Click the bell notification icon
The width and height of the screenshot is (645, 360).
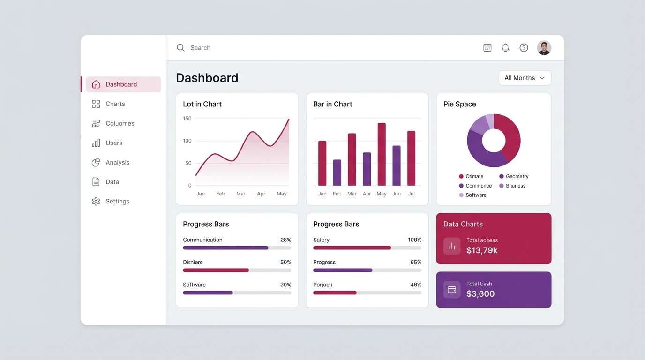pyautogui.click(x=505, y=48)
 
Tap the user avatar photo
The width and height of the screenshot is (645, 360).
pyautogui.click(x=544, y=48)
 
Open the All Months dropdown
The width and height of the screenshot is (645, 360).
pyautogui.click(x=525, y=78)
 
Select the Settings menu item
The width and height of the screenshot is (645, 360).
pyautogui.click(x=117, y=201)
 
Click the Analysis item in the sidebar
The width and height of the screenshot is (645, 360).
pyautogui.click(x=117, y=162)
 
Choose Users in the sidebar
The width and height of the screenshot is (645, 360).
pyautogui.click(x=114, y=143)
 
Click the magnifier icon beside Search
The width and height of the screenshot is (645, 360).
pyautogui.click(x=180, y=48)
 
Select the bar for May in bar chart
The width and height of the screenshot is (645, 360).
pyautogui.click(x=382, y=154)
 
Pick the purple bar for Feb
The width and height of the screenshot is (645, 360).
pyautogui.click(x=337, y=172)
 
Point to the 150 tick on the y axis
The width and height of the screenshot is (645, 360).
pyautogui.click(x=187, y=119)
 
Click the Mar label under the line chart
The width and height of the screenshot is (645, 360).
pyautogui.click(x=241, y=194)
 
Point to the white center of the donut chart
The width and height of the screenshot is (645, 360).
pyautogui.click(x=494, y=141)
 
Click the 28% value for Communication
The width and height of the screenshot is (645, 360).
pyautogui.click(x=285, y=240)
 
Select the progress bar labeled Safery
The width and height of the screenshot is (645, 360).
pyautogui.click(x=367, y=247)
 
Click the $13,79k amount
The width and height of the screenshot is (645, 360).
pyautogui.click(x=482, y=250)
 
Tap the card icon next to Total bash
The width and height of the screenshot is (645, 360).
pyautogui.click(x=452, y=290)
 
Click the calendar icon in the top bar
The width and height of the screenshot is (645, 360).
pyautogui.click(x=487, y=48)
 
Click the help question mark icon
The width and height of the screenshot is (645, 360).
pyautogui.click(x=524, y=48)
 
